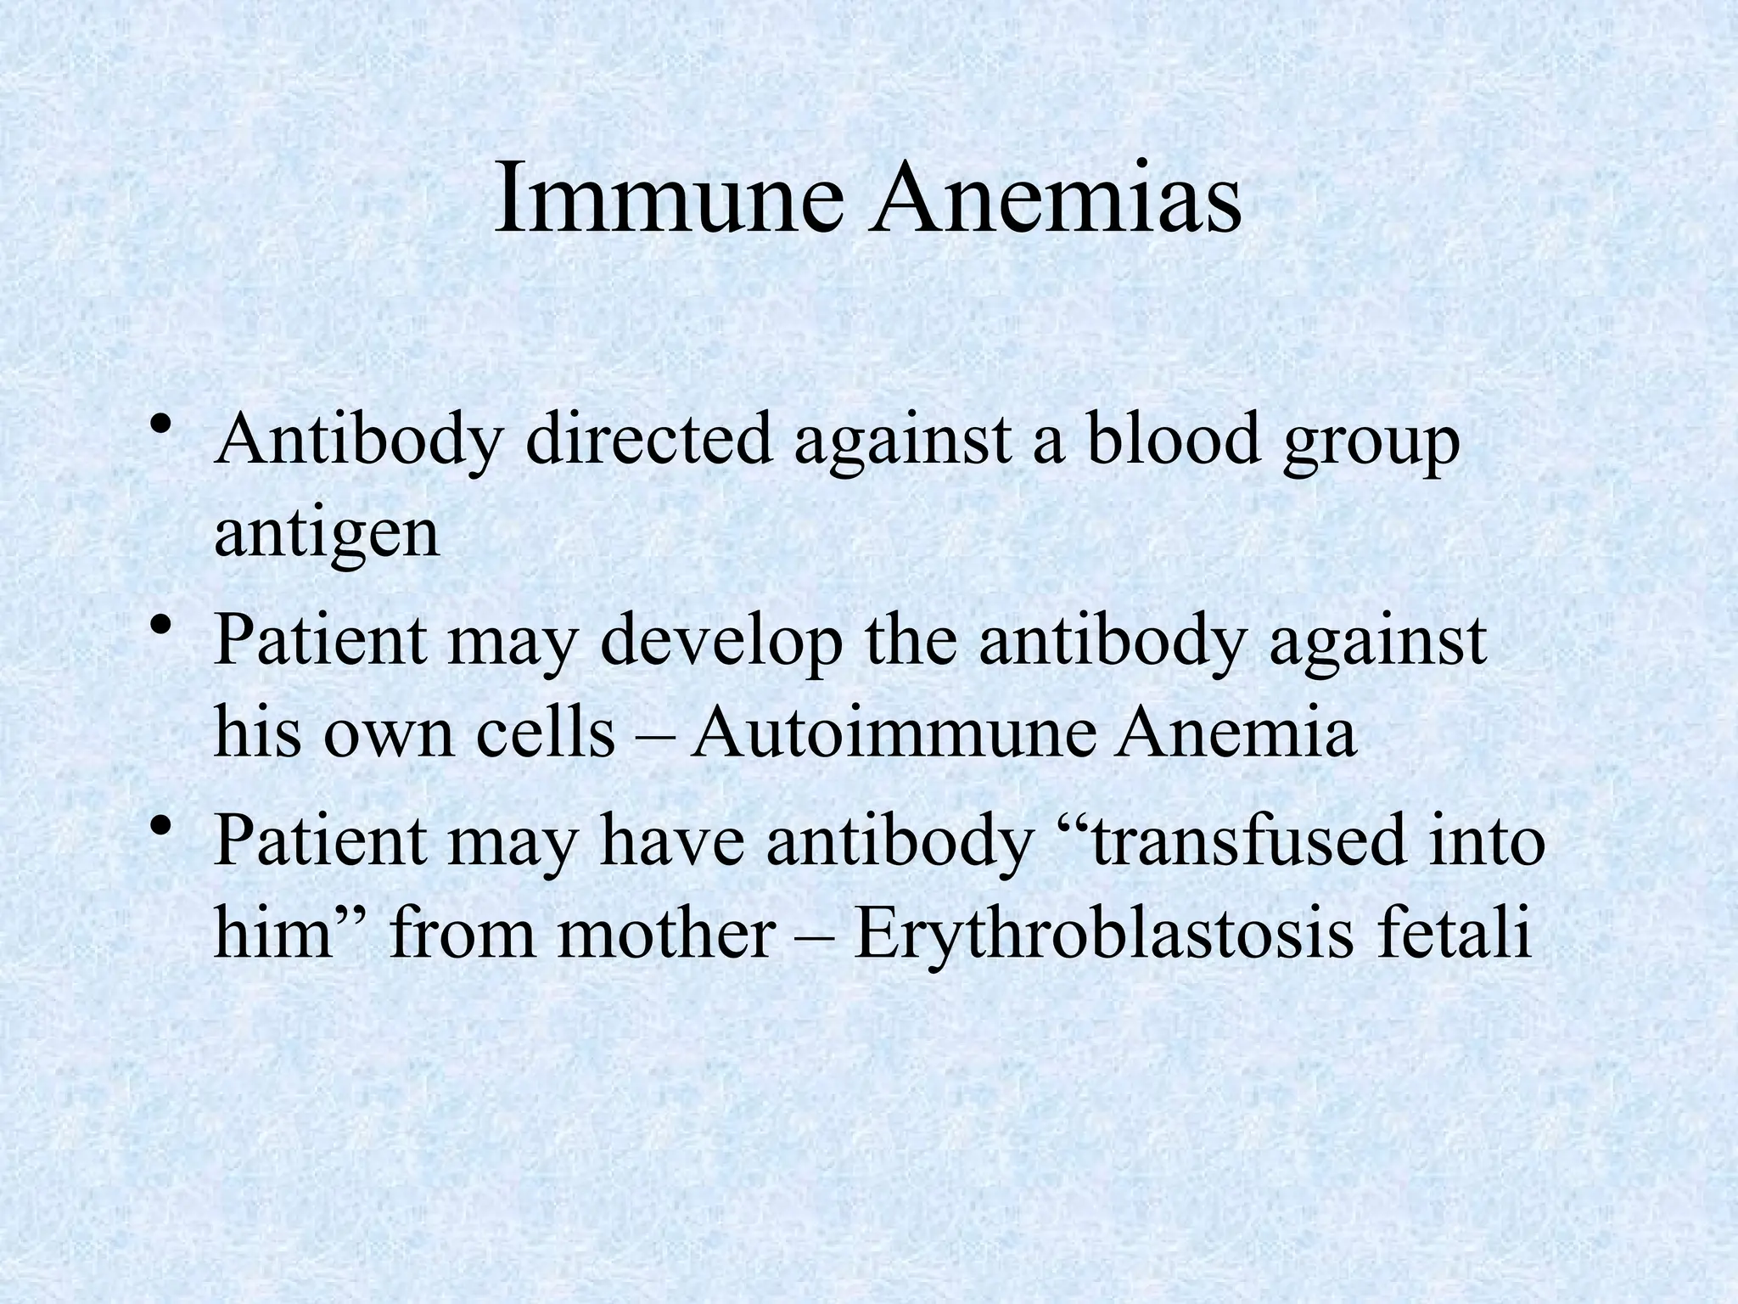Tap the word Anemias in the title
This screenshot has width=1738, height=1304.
[x=1057, y=200]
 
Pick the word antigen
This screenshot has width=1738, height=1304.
[x=327, y=535]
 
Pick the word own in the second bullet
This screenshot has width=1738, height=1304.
[x=389, y=735]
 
